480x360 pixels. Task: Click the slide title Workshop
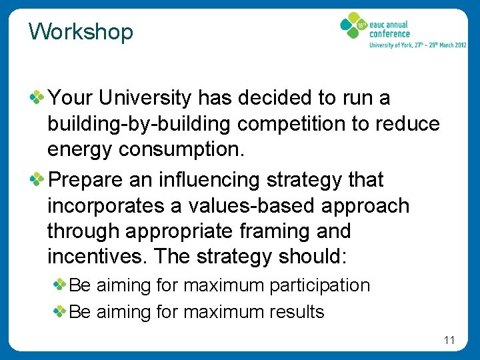[81, 31]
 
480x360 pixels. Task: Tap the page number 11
[449, 341]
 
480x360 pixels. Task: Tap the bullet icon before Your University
[38, 99]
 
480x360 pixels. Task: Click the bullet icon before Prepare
[38, 180]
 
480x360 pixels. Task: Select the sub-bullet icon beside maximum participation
[59, 285]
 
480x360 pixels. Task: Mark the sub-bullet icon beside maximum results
[59, 311]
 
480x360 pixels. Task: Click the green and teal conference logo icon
[353, 27]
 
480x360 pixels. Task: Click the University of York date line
[417, 45]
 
